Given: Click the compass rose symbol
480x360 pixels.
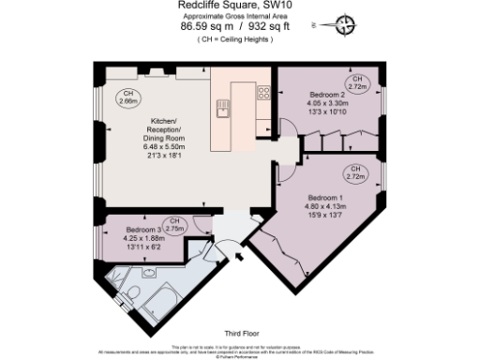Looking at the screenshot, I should coord(348,25).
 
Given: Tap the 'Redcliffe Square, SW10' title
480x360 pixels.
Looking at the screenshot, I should coord(227,6).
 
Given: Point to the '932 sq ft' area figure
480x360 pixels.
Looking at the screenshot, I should coord(251,27).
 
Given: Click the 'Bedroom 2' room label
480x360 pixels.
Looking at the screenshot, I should coord(327,95).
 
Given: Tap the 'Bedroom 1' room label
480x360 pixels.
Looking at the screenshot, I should coord(326,198).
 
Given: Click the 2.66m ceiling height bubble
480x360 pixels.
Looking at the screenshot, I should coord(127,97).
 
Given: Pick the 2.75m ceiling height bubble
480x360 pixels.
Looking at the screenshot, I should coord(175,225).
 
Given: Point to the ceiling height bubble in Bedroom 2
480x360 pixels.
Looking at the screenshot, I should coord(355,82).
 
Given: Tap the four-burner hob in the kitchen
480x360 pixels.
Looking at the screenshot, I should coord(263,93).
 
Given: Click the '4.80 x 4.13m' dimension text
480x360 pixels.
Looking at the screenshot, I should coord(326,206).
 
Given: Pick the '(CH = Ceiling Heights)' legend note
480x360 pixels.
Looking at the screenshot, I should coord(227,41).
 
